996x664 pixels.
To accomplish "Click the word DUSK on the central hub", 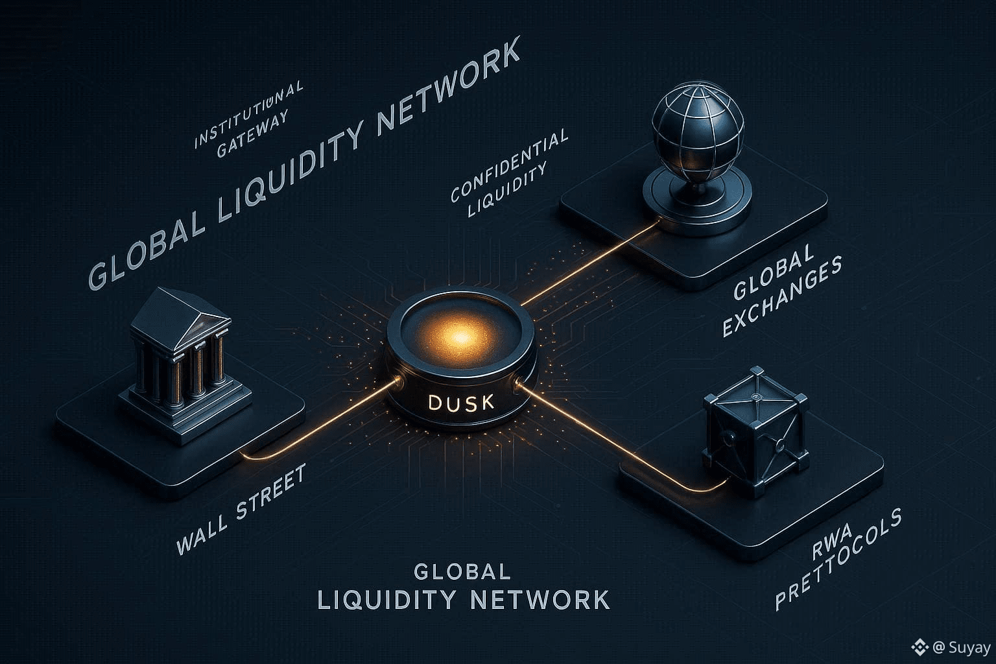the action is (x=461, y=402).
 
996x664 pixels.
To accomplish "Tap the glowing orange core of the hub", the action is (x=460, y=337).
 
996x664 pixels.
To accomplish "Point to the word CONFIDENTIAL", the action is (x=510, y=165).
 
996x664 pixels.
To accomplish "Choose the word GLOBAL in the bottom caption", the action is (x=462, y=571).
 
